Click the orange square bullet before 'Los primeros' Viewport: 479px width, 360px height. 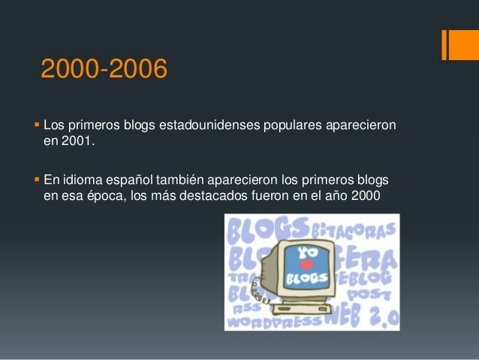[x=37, y=123]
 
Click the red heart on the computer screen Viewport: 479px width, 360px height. [x=305, y=265]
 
